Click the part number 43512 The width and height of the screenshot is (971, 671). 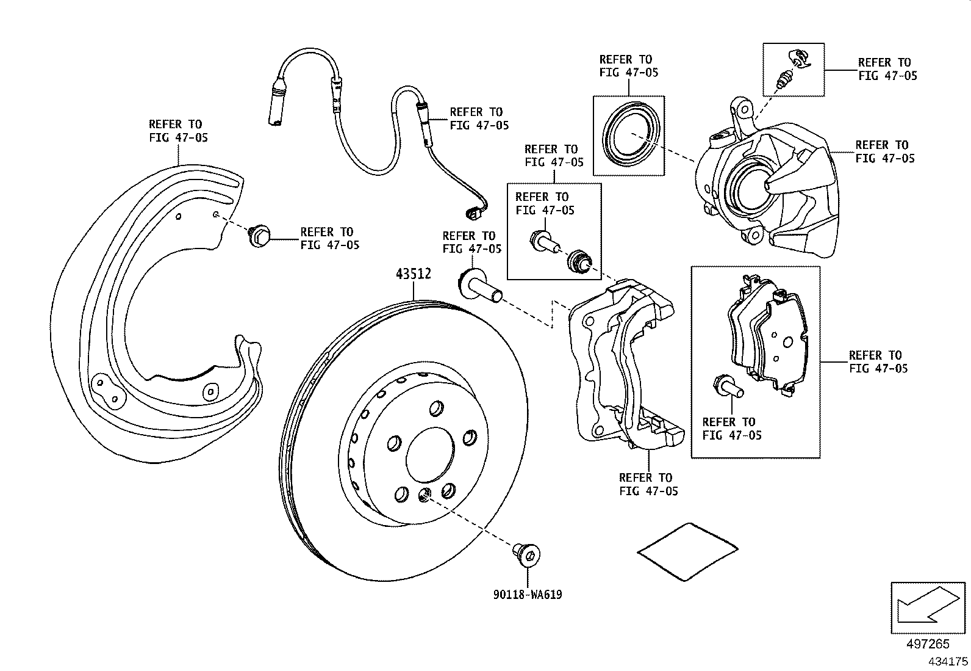[x=413, y=275]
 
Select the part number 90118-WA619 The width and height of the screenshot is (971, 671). [x=528, y=594]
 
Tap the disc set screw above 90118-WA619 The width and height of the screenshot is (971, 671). [x=526, y=554]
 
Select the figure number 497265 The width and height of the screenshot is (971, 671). [x=928, y=644]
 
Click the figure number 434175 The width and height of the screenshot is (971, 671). [x=948, y=661]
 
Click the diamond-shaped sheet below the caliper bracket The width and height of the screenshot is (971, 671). [x=686, y=550]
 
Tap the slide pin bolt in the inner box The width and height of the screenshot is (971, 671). [x=544, y=241]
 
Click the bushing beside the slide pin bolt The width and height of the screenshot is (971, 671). [x=579, y=261]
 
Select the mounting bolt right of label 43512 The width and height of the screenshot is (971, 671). [x=479, y=287]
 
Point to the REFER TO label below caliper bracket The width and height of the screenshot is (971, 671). [x=648, y=484]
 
